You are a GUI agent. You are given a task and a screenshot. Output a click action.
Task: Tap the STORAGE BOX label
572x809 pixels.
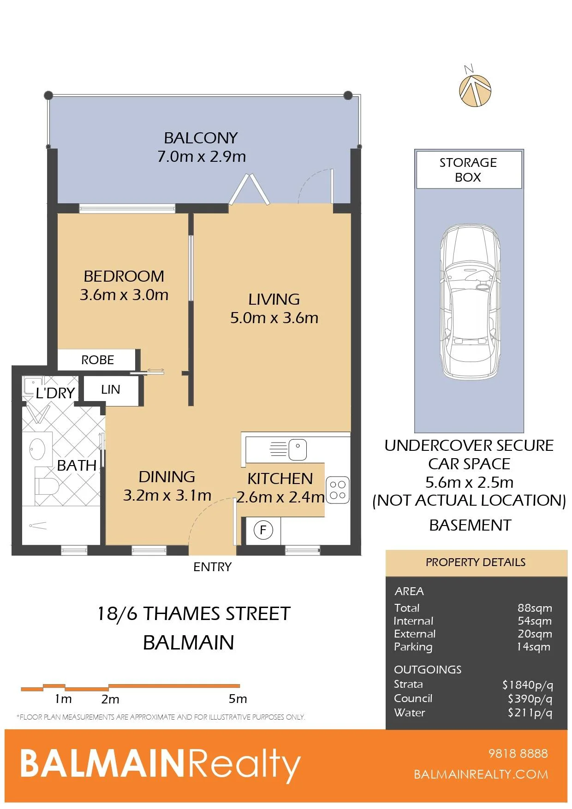468,170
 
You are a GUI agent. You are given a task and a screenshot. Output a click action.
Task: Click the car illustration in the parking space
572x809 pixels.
470,302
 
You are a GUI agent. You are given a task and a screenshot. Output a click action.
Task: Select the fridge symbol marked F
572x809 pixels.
263,530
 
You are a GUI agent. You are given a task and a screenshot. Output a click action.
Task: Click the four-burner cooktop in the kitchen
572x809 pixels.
338,490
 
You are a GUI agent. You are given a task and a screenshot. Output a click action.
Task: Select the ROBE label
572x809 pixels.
97,360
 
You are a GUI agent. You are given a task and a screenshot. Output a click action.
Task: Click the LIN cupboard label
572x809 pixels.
111,390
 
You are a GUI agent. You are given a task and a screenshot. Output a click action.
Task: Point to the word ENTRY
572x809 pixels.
212,567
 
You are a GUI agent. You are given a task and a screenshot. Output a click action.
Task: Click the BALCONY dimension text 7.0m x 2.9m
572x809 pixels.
202,157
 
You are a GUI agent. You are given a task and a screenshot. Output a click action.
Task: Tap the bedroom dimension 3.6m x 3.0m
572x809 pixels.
124,295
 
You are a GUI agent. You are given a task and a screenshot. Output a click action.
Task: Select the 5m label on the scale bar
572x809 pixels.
238,699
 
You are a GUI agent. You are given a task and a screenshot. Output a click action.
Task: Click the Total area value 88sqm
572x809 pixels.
535,608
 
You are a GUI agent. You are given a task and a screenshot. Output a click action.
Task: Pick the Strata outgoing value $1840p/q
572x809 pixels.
528,685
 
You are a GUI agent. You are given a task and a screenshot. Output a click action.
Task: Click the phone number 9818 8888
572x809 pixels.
518,754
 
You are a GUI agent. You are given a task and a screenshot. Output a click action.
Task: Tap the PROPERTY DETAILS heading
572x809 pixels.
476,562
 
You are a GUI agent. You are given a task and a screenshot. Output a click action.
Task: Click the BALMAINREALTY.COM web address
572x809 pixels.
481,774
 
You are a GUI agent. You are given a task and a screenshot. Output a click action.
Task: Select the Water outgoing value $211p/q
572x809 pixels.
530,713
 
